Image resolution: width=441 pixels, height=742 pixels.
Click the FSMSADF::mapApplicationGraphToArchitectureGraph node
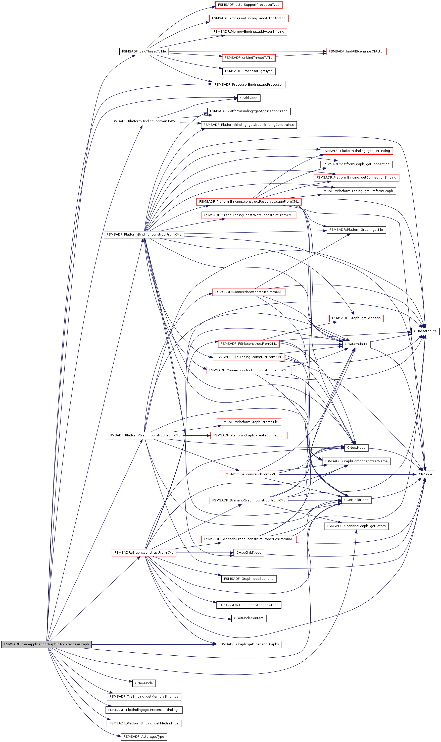[x=46, y=644]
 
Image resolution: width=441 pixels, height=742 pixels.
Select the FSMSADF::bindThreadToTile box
[x=144, y=51]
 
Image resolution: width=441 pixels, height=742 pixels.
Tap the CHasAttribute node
[x=425, y=331]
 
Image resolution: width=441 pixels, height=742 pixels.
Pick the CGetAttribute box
[x=356, y=344]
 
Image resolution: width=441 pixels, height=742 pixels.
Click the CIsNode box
[x=425, y=474]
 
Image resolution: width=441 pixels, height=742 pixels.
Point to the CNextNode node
[x=356, y=448]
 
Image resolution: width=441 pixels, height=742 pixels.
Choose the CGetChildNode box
[x=356, y=500]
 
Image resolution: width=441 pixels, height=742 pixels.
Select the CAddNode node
[x=249, y=98]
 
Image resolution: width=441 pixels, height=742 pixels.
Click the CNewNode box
[x=144, y=683]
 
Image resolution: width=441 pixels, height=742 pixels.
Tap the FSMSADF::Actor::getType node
[x=144, y=737]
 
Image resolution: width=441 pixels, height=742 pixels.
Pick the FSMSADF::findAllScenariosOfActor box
[x=356, y=51]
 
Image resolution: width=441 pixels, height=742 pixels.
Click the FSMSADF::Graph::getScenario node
[x=356, y=318]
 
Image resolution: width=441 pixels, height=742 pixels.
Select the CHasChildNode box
[x=249, y=553]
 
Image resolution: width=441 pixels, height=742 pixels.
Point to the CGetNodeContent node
[x=249, y=618]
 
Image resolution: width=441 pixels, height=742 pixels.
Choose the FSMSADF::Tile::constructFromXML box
[x=249, y=474]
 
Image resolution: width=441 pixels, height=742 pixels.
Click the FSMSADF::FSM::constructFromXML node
[x=249, y=344]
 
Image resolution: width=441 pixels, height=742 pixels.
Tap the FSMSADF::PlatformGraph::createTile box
[x=249, y=422]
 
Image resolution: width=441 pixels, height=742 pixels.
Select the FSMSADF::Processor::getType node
[x=249, y=71]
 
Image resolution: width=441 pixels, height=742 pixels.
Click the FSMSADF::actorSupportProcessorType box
[x=249, y=5]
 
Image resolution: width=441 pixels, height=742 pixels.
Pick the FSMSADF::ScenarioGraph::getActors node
[x=356, y=526]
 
